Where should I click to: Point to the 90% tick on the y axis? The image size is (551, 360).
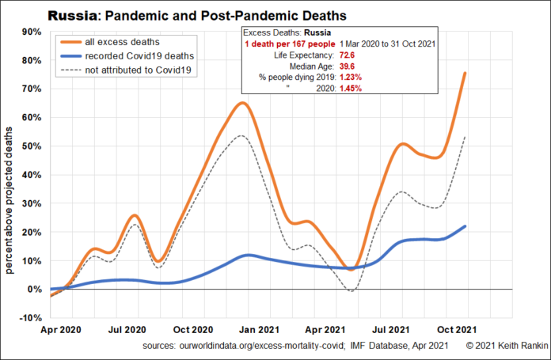pos(31,32)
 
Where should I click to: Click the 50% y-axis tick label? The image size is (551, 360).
pos(31,146)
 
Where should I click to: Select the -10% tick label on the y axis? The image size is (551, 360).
pos(29,318)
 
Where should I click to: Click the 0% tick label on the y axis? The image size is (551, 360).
pos(34,290)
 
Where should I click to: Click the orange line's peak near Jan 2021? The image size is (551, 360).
pos(243,103)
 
